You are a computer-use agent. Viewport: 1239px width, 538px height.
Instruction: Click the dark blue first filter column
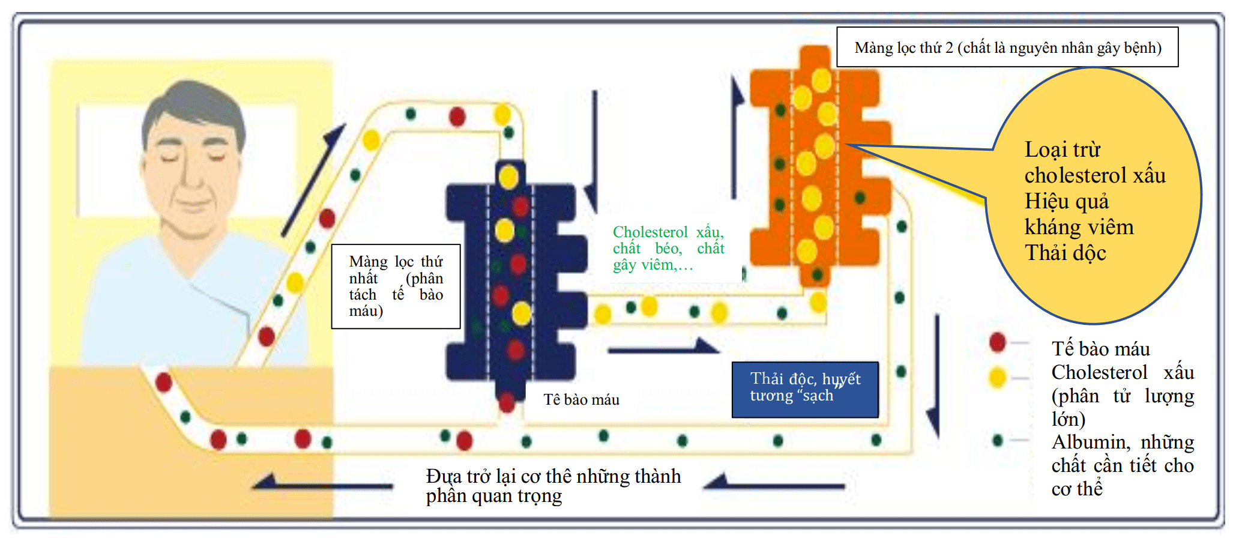tap(510, 282)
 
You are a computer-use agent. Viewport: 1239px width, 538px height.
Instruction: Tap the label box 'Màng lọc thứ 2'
tap(1007, 47)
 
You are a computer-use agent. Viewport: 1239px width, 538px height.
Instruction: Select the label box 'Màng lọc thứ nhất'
tap(396, 286)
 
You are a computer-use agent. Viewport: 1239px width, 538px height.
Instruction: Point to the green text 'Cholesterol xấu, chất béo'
tap(668, 248)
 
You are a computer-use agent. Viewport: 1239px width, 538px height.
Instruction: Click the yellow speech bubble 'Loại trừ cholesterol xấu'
tap(1093, 198)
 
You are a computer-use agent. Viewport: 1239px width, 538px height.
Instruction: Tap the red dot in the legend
tap(997, 342)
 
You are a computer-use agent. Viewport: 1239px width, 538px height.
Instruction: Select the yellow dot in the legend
tap(997, 378)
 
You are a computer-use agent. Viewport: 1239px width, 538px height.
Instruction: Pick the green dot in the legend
tap(997, 441)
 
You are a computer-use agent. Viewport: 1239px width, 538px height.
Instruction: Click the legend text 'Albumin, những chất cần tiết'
tap(1122, 465)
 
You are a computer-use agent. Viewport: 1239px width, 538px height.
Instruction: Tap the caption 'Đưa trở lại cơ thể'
tap(552, 485)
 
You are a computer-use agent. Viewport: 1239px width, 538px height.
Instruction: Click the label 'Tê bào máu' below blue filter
tap(581, 400)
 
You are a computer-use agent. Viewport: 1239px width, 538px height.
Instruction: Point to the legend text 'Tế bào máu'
tap(1100, 349)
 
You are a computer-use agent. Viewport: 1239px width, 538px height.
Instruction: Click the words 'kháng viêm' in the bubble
tap(1079, 227)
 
